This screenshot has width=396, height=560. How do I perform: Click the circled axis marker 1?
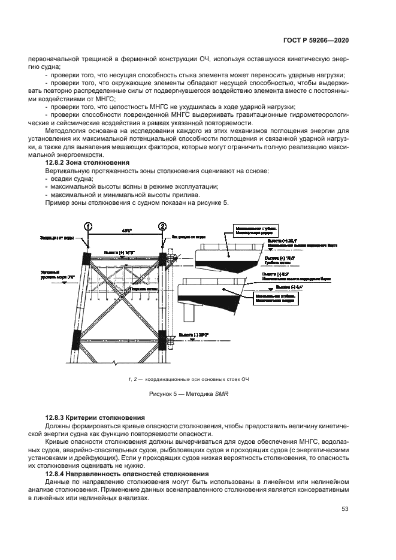coord(88,226)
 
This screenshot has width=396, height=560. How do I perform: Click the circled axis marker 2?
coord(162,226)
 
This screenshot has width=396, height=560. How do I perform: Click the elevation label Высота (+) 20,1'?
coord(281,240)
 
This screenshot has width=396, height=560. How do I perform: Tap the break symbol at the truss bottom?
coord(114,362)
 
